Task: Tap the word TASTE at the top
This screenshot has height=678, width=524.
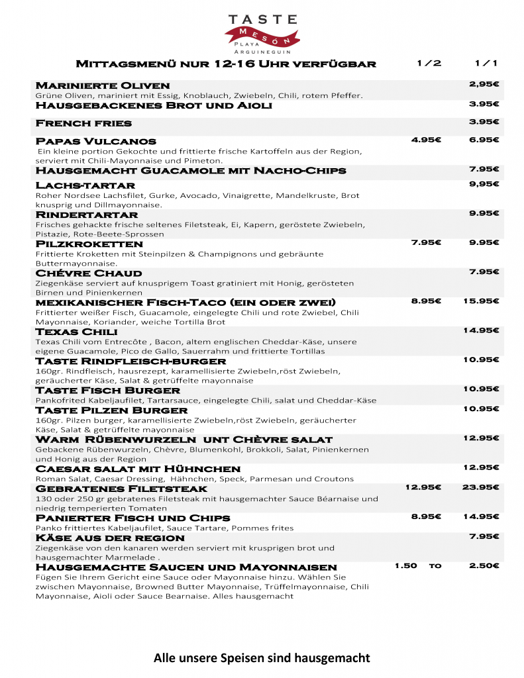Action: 263,20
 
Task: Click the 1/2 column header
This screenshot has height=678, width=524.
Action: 429,64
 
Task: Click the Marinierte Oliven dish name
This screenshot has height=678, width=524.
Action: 103,85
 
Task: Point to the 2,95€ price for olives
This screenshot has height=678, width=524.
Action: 484,84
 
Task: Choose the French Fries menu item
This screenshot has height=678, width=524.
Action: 83,123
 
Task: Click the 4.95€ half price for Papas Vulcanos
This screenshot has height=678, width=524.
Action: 427,140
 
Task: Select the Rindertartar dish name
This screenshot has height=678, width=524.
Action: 87,215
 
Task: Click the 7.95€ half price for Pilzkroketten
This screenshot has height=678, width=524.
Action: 427,242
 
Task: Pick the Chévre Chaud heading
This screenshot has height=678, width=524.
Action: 89,273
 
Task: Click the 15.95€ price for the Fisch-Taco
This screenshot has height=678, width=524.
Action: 481,301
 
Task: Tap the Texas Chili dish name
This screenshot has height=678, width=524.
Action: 76,331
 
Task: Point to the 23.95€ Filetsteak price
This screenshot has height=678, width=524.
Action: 481,487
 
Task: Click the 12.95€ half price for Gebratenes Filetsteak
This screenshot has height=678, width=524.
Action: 423,487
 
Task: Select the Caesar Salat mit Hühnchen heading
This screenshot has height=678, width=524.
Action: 138,469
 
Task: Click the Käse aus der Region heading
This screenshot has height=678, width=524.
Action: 110,538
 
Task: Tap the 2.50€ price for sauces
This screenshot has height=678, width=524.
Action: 484,565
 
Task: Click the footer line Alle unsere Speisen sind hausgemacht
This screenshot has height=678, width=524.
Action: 262,657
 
